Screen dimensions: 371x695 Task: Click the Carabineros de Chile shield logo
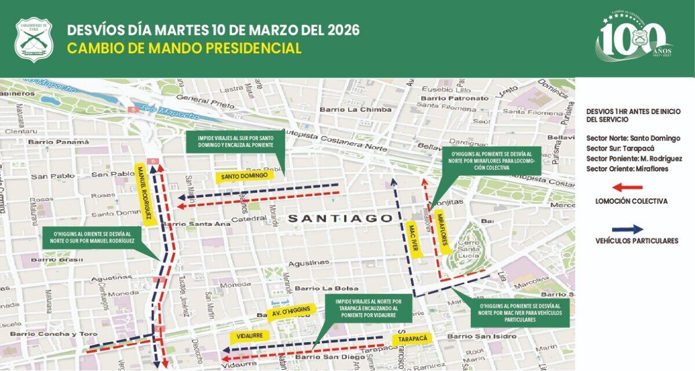click(x=34, y=39)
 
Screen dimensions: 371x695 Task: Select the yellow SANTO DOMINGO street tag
click(x=244, y=175)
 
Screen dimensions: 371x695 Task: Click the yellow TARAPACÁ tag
click(x=412, y=339)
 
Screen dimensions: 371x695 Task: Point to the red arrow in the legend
click(x=628, y=187)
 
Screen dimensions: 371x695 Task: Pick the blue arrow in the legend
click(x=628, y=229)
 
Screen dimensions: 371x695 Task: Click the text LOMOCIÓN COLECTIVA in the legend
click(x=631, y=201)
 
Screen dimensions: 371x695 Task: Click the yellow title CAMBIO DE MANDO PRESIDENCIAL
click(x=184, y=48)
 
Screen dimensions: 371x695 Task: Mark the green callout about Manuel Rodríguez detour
click(x=93, y=238)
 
